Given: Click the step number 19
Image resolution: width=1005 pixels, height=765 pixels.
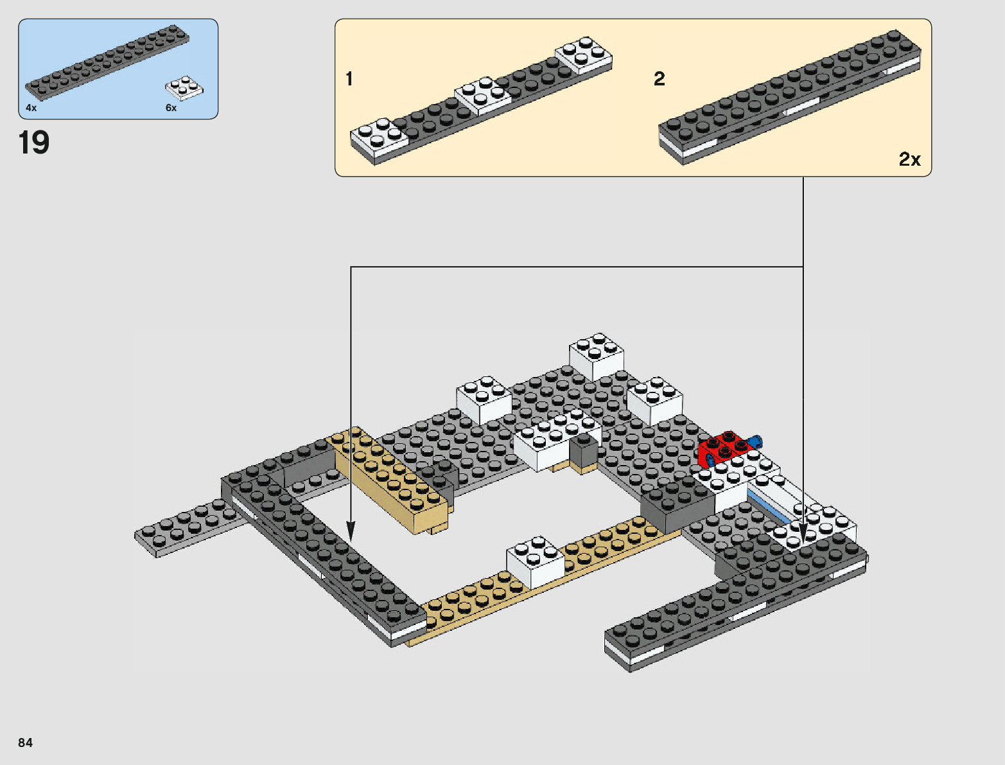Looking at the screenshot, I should [34, 143].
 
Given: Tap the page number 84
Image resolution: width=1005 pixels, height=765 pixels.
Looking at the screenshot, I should [25, 743].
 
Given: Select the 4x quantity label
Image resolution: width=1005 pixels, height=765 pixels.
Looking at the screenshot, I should [31, 108].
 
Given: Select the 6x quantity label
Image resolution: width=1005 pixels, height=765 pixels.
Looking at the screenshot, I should [171, 108].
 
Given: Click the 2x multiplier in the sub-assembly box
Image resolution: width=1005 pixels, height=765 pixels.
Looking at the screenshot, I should [909, 159].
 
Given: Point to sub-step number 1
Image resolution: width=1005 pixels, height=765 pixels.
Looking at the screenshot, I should [349, 79].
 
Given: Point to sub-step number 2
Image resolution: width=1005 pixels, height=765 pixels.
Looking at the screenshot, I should [660, 79].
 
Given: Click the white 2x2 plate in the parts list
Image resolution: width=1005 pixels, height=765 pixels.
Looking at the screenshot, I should [184, 88].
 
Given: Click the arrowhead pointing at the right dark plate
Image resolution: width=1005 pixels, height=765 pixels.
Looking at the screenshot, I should [803, 531].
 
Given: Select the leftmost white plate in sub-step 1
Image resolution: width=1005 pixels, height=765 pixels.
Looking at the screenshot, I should [379, 136].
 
